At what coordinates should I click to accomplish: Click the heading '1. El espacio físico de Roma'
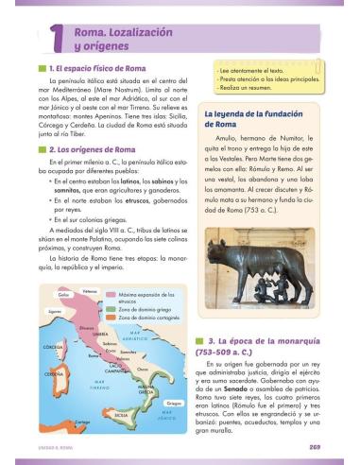tap(102, 70)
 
